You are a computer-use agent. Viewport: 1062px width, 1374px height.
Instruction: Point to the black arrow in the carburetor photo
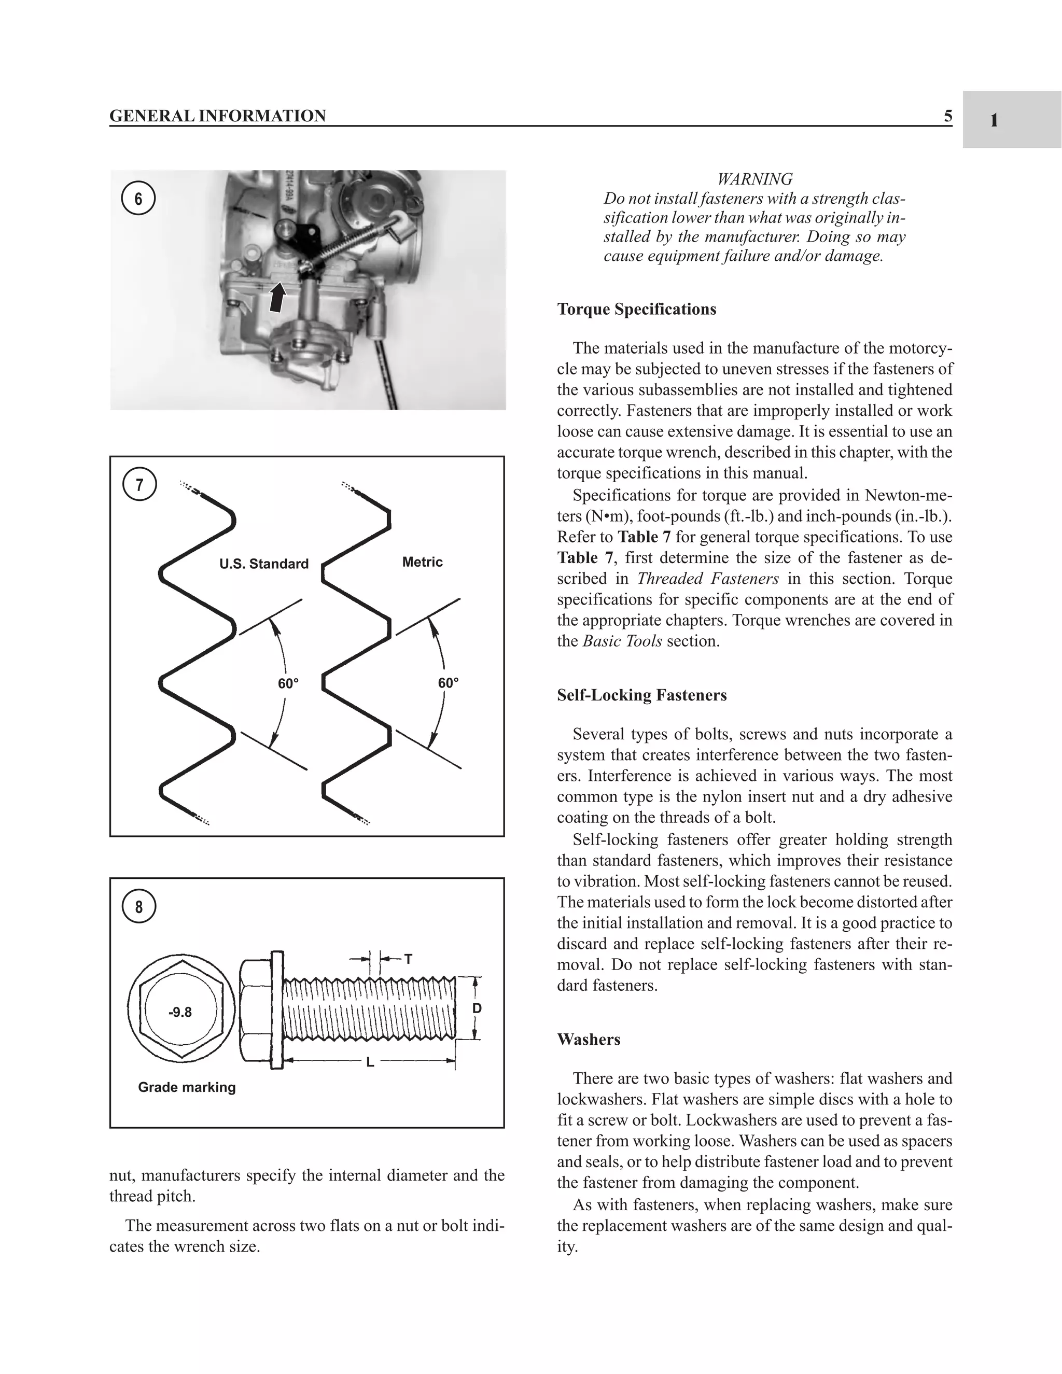click(277, 297)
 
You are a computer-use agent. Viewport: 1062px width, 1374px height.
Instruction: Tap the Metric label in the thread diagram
click(422, 562)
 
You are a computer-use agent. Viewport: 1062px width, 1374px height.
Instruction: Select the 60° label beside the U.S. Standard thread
click(288, 683)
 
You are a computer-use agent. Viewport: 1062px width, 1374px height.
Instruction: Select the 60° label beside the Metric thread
click(449, 683)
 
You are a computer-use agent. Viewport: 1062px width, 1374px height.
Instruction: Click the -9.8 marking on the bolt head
click(180, 1012)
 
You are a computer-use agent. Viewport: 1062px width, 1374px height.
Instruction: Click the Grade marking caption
click(187, 1087)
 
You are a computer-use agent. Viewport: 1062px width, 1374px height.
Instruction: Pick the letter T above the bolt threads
click(408, 959)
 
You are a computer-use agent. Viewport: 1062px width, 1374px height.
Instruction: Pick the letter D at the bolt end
click(477, 1008)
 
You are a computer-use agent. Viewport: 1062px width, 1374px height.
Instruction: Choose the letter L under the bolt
click(370, 1062)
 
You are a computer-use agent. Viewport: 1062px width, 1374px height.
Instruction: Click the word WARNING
click(754, 179)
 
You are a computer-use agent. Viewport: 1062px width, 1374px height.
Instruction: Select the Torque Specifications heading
click(637, 310)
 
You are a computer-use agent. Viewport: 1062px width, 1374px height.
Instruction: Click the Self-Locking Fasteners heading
click(642, 695)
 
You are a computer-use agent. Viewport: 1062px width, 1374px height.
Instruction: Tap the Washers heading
click(588, 1039)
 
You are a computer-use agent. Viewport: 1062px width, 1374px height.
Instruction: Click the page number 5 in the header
click(947, 116)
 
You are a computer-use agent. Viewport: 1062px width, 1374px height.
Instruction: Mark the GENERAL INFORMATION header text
click(218, 116)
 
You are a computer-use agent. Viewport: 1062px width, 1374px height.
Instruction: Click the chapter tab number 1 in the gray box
click(994, 120)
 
